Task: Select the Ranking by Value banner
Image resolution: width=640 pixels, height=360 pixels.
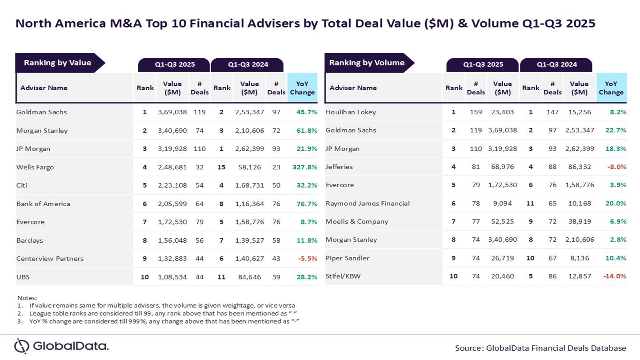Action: pos(57,63)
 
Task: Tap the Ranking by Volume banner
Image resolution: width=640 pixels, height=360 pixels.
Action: pos(367,63)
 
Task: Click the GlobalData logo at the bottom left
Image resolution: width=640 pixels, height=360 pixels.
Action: pos(61,346)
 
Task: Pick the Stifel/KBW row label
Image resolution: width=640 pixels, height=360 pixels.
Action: pos(343,276)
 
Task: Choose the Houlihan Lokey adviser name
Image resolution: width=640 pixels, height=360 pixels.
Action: pos(351,112)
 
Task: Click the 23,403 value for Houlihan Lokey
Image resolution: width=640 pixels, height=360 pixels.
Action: pos(502,112)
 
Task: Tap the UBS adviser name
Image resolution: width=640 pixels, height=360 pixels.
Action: pos(23,277)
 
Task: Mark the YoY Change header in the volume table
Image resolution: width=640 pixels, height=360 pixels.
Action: pos(611,88)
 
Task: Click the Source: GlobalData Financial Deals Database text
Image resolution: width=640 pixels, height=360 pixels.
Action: pos(540,348)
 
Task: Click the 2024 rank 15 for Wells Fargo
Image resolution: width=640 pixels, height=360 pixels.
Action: pos(222,167)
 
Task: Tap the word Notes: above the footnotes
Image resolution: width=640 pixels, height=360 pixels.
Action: pos(27,297)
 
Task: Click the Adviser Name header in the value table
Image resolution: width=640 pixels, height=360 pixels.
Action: pos(44,88)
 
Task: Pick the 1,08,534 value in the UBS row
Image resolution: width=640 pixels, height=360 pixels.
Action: pos(172,277)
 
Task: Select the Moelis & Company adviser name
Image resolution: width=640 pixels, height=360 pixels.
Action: pos(357,221)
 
